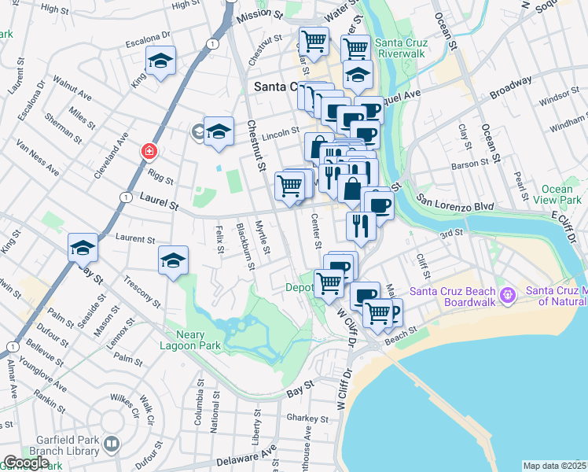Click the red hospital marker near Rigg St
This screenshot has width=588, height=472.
[x=147, y=150]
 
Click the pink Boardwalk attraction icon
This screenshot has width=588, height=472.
[x=509, y=295]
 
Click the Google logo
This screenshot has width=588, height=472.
[x=25, y=463]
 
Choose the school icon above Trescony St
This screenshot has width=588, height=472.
[x=174, y=260]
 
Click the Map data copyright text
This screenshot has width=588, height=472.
[x=555, y=466]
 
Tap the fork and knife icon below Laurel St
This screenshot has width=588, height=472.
[x=360, y=226]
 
